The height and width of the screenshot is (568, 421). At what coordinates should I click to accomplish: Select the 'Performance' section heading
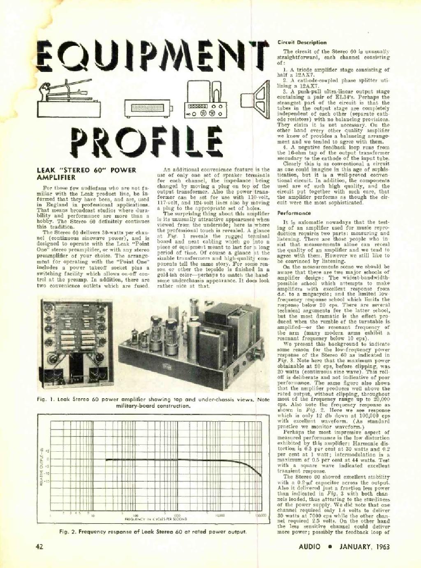click(x=294, y=213)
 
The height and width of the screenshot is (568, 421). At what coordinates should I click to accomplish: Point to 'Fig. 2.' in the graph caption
click(x=68, y=532)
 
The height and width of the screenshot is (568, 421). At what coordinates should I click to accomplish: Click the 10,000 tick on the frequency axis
click(x=219, y=515)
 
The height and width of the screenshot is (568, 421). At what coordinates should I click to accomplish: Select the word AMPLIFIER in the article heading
click(x=56, y=178)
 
